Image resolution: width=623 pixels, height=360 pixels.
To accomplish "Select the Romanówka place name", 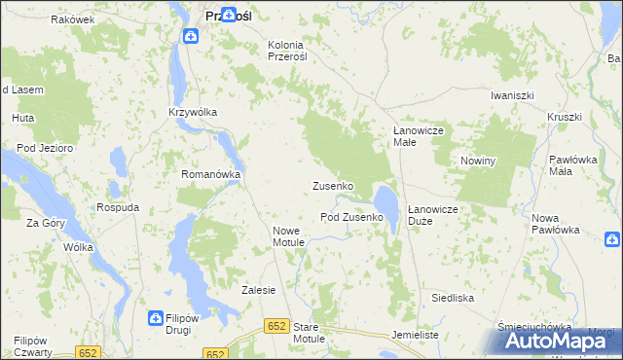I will pyautogui.click(x=210, y=174).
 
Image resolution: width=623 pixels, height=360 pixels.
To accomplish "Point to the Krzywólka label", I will pyautogui.click(x=192, y=112).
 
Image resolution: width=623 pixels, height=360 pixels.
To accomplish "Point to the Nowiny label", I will pyautogui.click(x=478, y=161).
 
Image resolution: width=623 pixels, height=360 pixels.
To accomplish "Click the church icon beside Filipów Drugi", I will pyautogui.click(x=155, y=318).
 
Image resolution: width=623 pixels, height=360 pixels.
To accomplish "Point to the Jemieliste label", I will pyautogui.click(x=416, y=334).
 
